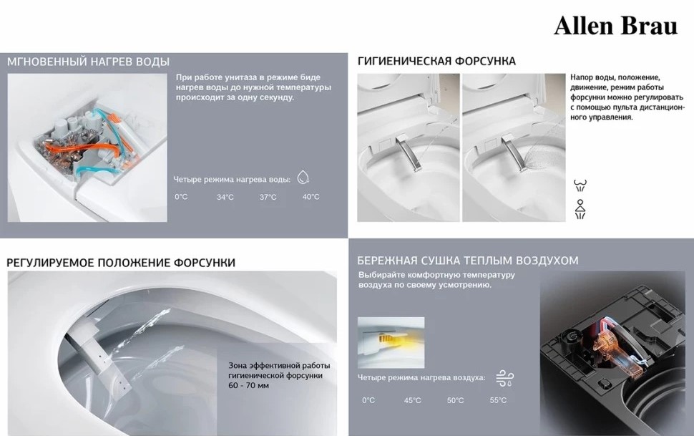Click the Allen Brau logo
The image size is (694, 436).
click(x=615, y=25)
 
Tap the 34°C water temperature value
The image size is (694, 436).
click(x=225, y=197)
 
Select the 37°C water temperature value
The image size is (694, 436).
click(x=268, y=197)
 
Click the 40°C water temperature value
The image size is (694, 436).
click(x=311, y=196)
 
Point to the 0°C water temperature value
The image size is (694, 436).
click(x=181, y=196)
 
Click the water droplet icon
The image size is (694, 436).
click(x=303, y=178)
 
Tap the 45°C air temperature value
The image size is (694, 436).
click(x=412, y=400)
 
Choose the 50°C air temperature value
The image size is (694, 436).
click(x=455, y=400)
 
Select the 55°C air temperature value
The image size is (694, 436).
click(x=498, y=400)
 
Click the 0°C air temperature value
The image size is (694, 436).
click(x=368, y=400)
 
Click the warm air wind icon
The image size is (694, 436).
click(x=504, y=378)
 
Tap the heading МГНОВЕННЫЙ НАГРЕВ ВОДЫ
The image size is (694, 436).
click(x=88, y=62)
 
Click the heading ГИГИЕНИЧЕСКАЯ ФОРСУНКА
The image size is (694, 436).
click(x=436, y=61)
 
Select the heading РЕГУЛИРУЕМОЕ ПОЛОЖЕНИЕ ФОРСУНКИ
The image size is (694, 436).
click(x=121, y=263)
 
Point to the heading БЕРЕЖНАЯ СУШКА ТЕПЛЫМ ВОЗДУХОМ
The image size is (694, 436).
click(x=468, y=260)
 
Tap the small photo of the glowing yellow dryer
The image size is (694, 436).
click(x=391, y=342)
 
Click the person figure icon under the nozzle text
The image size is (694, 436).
click(x=580, y=209)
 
